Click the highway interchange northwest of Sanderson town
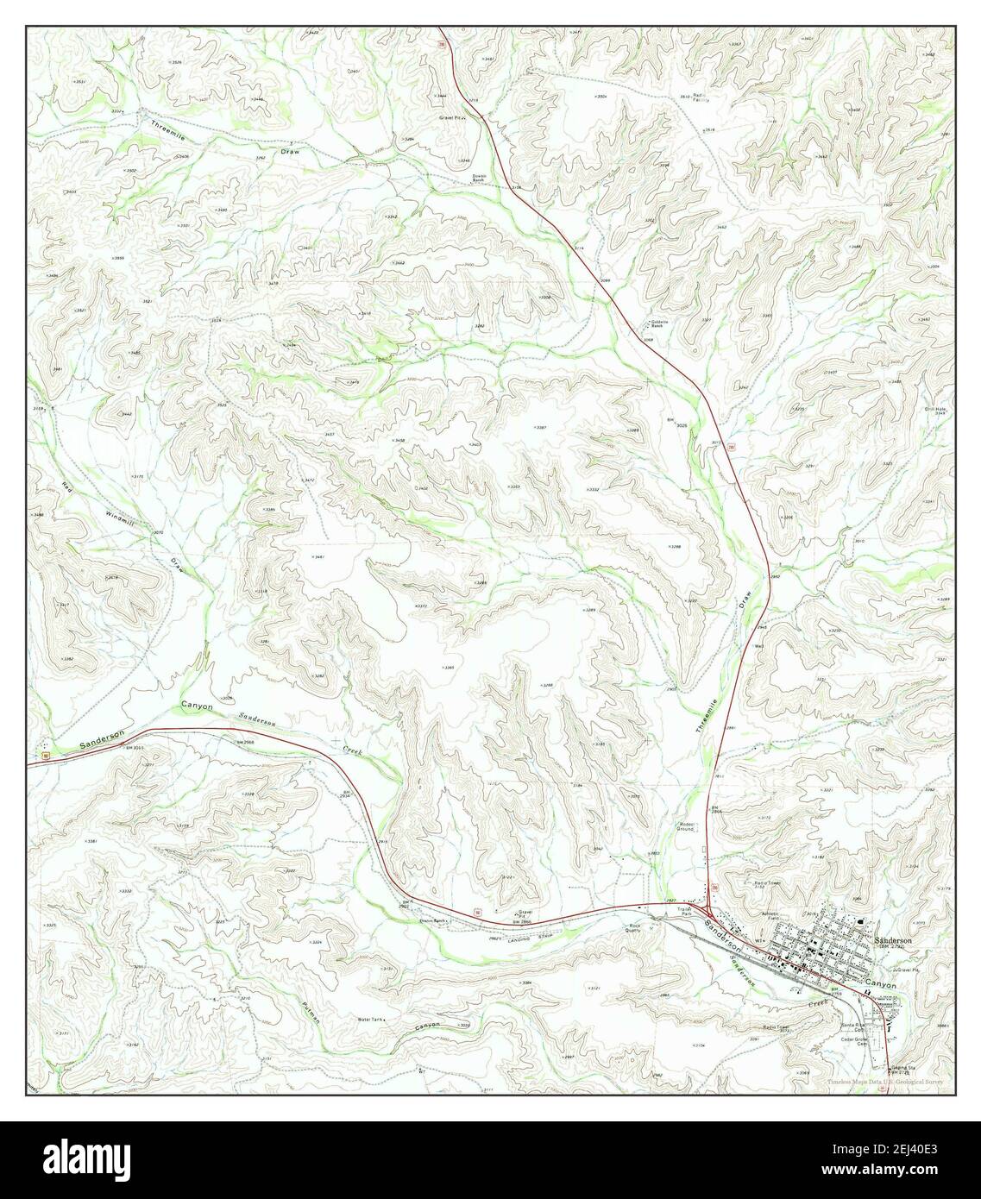click(x=707, y=915)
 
